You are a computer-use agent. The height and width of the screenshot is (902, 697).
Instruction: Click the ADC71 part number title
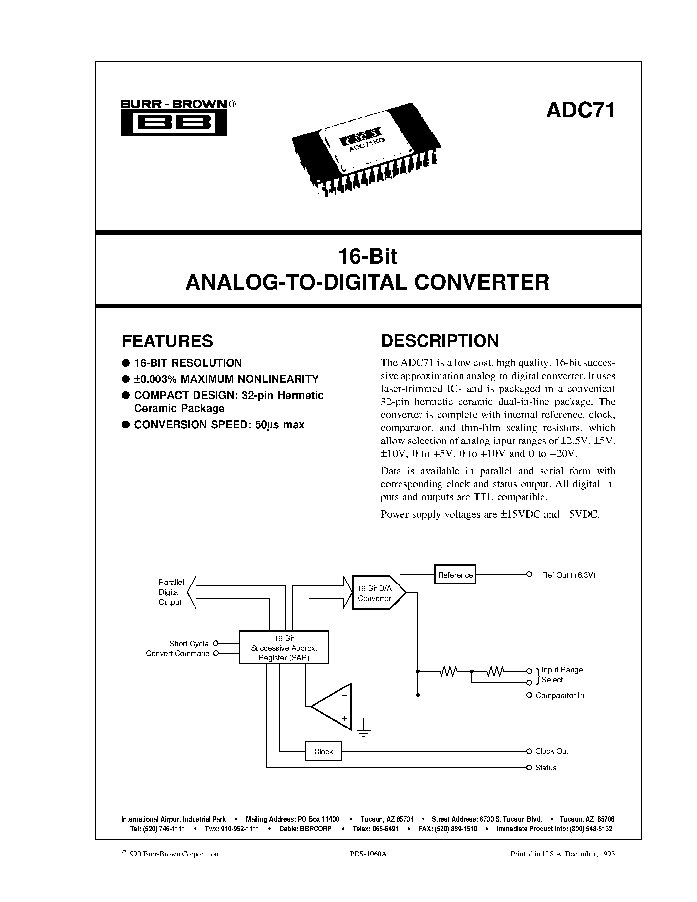coord(580,111)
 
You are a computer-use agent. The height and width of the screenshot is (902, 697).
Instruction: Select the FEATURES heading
coord(167,341)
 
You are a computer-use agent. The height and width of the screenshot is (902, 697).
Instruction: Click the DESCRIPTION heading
coord(440,341)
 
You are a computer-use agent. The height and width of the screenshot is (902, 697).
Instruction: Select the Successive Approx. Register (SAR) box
coord(284,647)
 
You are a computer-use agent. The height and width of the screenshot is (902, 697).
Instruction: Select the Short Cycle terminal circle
coord(215,643)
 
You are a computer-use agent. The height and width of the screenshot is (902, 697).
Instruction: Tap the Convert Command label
coord(177,653)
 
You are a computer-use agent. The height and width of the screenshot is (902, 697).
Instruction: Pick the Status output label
coord(545,768)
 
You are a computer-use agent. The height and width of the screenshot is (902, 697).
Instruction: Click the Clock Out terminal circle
coord(529,751)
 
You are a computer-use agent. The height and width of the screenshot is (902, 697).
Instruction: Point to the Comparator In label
coord(560,695)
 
